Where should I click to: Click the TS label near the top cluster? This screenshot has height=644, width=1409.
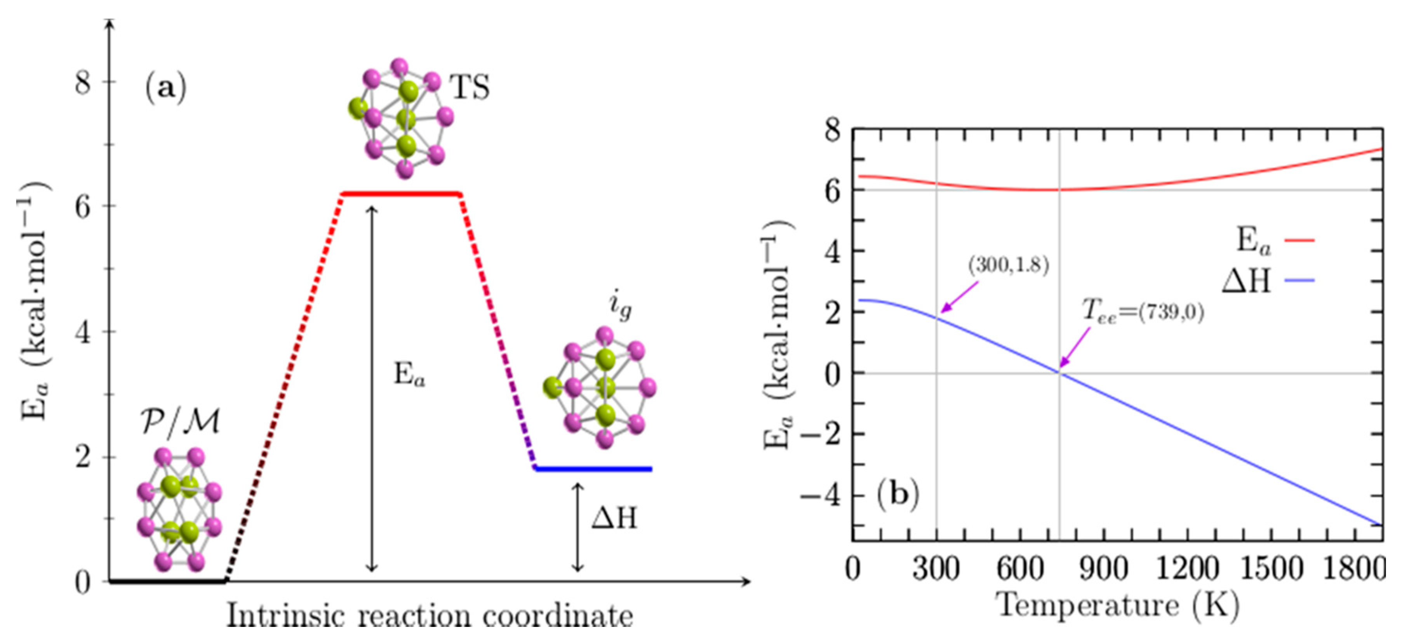click(469, 87)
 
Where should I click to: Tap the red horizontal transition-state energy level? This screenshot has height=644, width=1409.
click(401, 194)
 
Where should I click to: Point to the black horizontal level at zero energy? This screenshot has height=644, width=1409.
click(167, 581)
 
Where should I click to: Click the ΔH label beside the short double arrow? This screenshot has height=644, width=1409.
click(614, 517)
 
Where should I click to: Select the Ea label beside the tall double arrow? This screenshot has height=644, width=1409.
click(409, 376)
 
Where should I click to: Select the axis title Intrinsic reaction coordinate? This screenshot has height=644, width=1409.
click(430, 616)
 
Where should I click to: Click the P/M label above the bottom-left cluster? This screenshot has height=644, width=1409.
click(181, 423)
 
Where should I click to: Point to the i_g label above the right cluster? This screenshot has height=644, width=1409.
click(620, 306)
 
